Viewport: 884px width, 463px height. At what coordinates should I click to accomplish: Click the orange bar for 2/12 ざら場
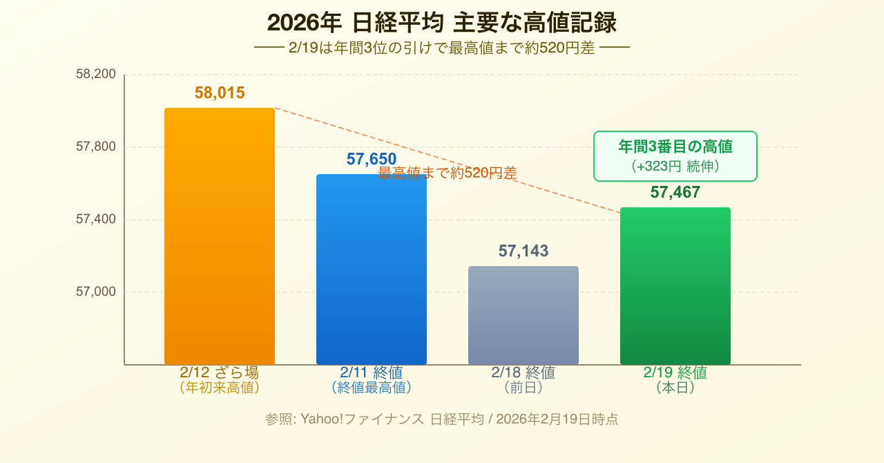click(x=220, y=236)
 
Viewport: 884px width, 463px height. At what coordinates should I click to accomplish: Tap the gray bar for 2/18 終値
click(x=523, y=315)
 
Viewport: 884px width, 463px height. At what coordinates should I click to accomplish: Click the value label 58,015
click(x=220, y=93)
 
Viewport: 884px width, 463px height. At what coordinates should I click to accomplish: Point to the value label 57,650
click(x=372, y=159)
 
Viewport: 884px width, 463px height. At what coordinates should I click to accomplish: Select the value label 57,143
click(x=523, y=251)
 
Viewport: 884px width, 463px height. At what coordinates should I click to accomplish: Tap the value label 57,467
click(x=675, y=192)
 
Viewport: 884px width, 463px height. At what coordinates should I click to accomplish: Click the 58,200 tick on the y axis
click(x=96, y=74)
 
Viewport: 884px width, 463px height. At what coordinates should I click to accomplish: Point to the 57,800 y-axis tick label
click(x=96, y=147)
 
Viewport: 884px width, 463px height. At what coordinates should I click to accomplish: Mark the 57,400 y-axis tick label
click(x=96, y=219)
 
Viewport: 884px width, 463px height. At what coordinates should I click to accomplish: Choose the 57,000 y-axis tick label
click(x=96, y=292)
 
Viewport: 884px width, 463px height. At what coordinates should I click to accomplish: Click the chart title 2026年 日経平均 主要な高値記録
click(x=442, y=23)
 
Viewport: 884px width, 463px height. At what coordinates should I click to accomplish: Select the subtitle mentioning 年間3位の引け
click(x=442, y=48)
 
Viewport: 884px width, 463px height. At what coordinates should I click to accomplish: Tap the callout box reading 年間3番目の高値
click(x=675, y=156)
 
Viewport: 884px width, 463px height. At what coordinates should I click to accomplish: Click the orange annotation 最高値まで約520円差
click(x=448, y=173)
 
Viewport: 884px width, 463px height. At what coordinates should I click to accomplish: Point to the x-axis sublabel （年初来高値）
click(x=220, y=388)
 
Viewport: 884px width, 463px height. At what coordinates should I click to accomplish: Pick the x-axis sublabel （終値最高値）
click(x=372, y=388)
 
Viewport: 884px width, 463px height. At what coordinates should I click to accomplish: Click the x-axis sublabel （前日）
click(x=523, y=388)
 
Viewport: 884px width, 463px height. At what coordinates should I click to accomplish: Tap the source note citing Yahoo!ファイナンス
click(x=442, y=419)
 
